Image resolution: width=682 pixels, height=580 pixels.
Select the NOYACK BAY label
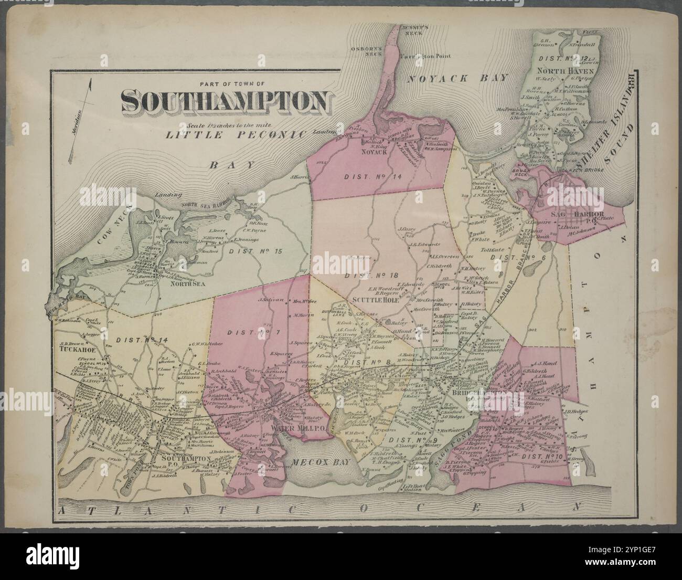pos(459,78)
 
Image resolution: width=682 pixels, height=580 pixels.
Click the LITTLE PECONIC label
pos(236,134)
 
